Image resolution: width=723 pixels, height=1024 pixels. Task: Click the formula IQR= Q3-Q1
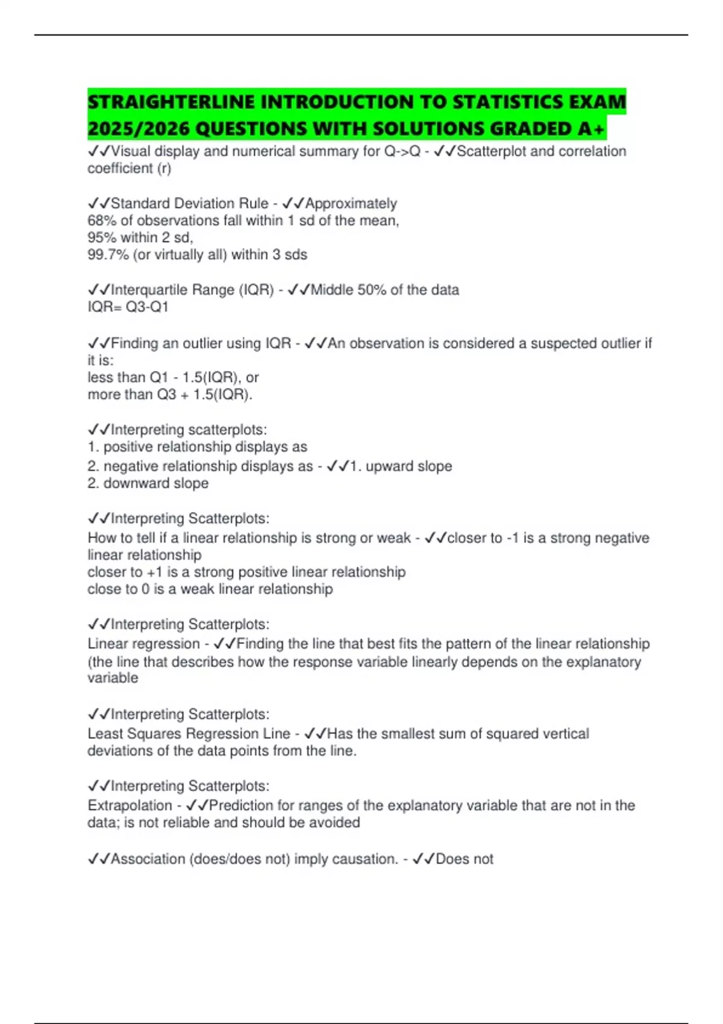tap(128, 307)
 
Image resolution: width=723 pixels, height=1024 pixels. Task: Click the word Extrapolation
tap(130, 805)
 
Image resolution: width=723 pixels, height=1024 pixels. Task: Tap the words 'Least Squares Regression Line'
tap(189, 734)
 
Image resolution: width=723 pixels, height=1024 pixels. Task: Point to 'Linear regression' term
tap(143, 644)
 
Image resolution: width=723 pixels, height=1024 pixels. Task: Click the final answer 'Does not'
tap(464, 859)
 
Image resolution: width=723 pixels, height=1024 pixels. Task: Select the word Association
tap(148, 859)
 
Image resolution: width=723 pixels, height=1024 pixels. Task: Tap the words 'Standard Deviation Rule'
tap(189, 204)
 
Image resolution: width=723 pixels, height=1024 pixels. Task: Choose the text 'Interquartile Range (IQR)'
tap(192, 290)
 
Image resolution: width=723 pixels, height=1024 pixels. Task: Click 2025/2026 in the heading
tap(138, 128)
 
